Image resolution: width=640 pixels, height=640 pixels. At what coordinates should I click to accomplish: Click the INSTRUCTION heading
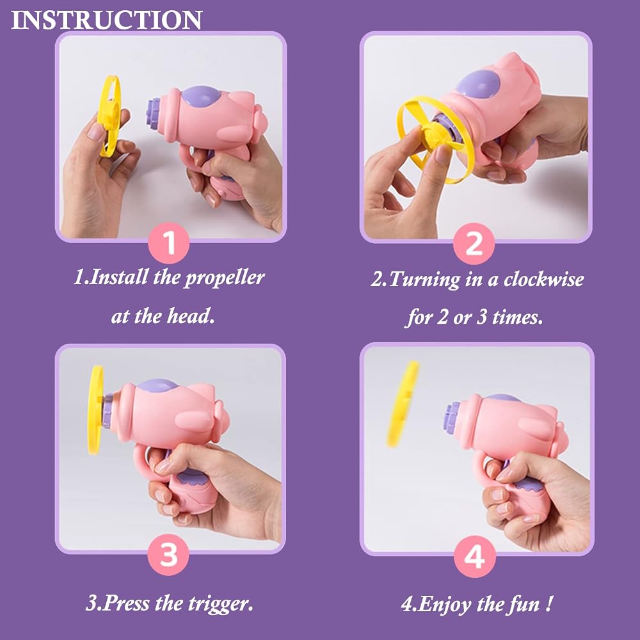point(106,20)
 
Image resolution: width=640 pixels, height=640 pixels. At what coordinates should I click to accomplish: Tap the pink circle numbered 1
point(168,243)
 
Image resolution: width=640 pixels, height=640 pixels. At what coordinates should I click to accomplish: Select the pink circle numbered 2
point(474,244)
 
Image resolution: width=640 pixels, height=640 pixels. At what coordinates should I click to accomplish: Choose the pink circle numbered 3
point(168,554)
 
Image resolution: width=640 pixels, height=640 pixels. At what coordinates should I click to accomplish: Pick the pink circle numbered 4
point(475,556)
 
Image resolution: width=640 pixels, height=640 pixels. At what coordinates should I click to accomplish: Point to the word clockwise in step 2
point(543,279)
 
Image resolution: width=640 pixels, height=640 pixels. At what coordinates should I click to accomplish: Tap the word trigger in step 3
point(220,604)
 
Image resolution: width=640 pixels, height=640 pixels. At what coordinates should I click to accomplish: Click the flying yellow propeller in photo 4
point(403,403)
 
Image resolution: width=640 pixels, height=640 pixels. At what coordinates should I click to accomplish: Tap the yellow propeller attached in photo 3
point(95,410)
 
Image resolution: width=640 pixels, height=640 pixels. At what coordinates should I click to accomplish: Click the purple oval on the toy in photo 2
point(478,84)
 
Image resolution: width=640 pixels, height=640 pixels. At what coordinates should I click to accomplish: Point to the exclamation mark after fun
point(550,603)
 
